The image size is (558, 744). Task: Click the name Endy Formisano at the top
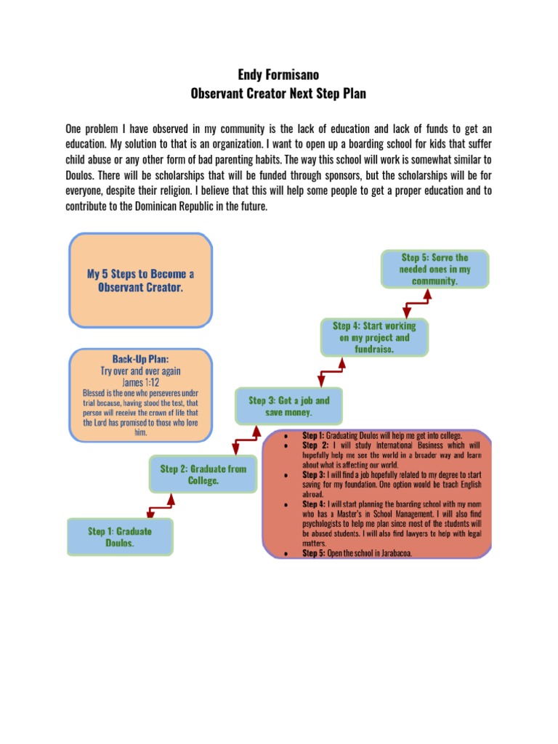279,75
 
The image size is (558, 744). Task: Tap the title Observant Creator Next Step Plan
279,94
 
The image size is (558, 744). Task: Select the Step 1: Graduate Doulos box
120,537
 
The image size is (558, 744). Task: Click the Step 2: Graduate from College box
203,474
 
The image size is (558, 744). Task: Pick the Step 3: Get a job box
288,406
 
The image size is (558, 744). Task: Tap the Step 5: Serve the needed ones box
434,269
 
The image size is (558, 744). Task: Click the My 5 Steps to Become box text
140,280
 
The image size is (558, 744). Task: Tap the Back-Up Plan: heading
140,359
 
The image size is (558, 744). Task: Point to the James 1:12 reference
140,382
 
